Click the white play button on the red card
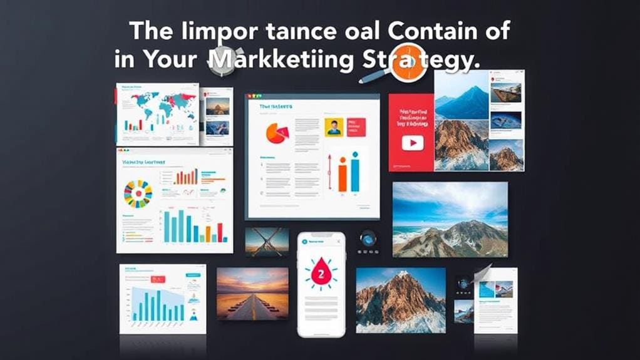(x=413, y=143)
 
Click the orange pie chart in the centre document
(x=276, y=132)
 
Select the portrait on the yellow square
(x=334, y=127)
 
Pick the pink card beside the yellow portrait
(x=356, y=126)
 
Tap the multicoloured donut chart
(x=138, y=194)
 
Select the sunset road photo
(x=252, y=294)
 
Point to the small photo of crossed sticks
(x=267, y=242)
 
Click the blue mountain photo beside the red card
(x=462, y=95)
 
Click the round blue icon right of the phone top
(x=368, y=239)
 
